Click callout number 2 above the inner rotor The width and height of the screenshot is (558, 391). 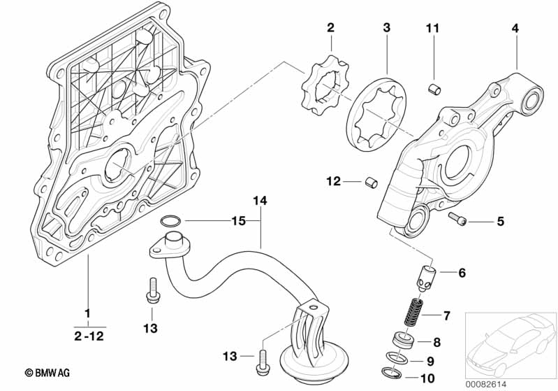pos(330,28)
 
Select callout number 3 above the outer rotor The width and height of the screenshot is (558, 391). pos(386,28)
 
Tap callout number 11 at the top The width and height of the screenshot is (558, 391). pos(433,28)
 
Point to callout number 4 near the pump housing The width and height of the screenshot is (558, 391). pos(515,28)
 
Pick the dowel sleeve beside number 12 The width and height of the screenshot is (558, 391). pos(371,183)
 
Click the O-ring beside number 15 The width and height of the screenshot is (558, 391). pos(169,222)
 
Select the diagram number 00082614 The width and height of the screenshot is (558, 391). pos(508,382)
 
